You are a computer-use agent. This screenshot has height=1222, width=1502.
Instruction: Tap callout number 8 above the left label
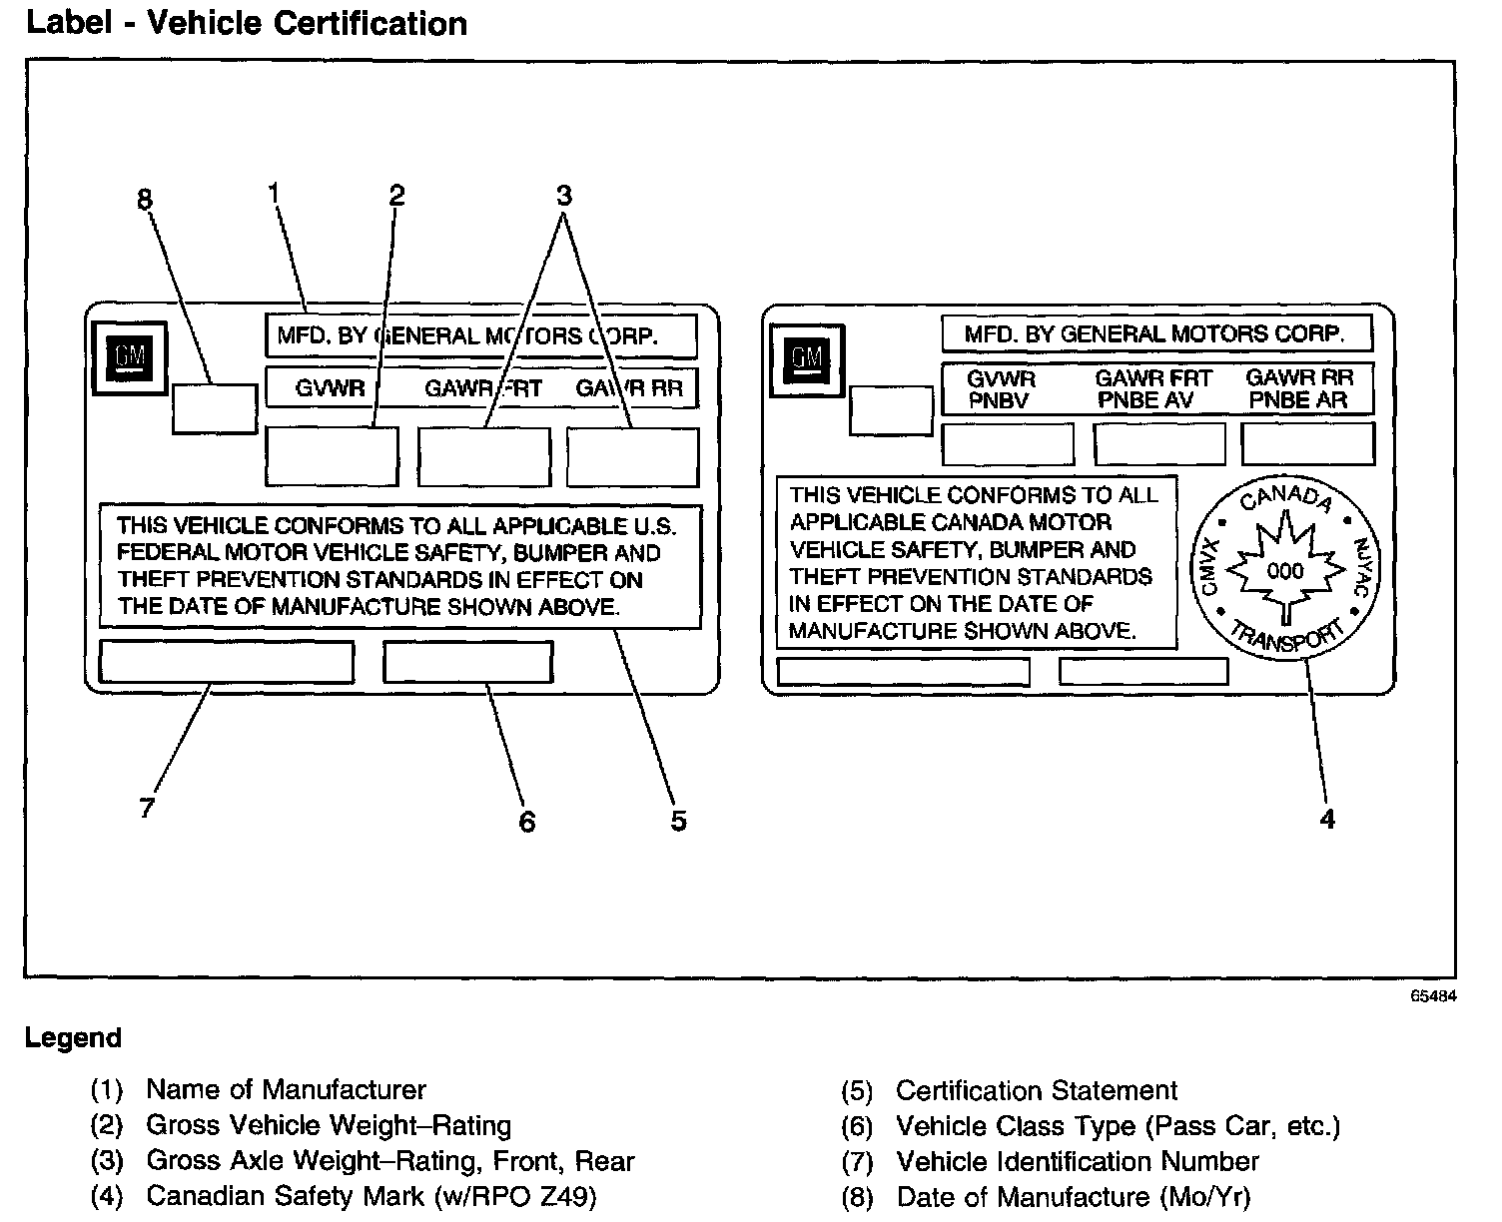[145, 200]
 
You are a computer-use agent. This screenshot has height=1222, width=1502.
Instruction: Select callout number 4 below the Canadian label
[1327, 819]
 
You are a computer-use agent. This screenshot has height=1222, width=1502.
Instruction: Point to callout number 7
[147, 808]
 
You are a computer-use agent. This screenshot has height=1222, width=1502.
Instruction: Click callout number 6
[526, 821]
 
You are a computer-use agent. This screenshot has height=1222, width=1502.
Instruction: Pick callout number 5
[678, 821]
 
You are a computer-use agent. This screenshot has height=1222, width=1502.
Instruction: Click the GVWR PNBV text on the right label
[1002, 389]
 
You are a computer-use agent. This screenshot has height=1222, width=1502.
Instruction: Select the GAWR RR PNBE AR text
[1299, 389]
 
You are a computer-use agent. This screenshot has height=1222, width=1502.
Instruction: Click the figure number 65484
[1433, 995]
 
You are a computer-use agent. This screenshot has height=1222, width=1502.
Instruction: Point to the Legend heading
[73, 1038]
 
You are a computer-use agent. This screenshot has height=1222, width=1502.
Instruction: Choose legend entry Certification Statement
[1037, 1090]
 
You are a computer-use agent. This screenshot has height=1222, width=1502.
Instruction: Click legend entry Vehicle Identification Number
[1078, 1161]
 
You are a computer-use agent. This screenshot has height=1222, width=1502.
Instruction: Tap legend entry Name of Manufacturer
[286, 1089]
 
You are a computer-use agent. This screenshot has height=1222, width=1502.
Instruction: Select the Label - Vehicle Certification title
[247, 23]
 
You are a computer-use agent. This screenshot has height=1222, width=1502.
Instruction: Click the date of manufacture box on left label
[214, 407]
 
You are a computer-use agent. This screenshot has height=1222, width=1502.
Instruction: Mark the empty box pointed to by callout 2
[332, 456]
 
